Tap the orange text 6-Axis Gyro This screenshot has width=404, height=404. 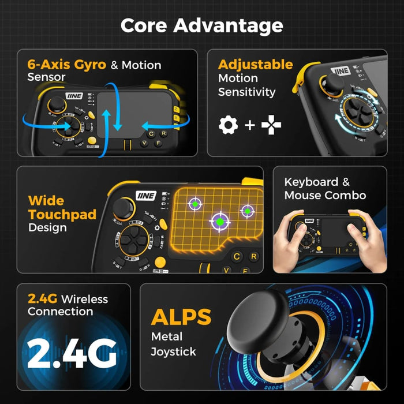tap(67, 64)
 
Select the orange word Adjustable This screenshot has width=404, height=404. tap(255, 64)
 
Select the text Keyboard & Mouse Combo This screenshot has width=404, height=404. tap(324, 189)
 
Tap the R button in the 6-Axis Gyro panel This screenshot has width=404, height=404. tap(164, 133)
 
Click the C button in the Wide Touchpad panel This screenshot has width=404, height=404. tap(237, 257)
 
